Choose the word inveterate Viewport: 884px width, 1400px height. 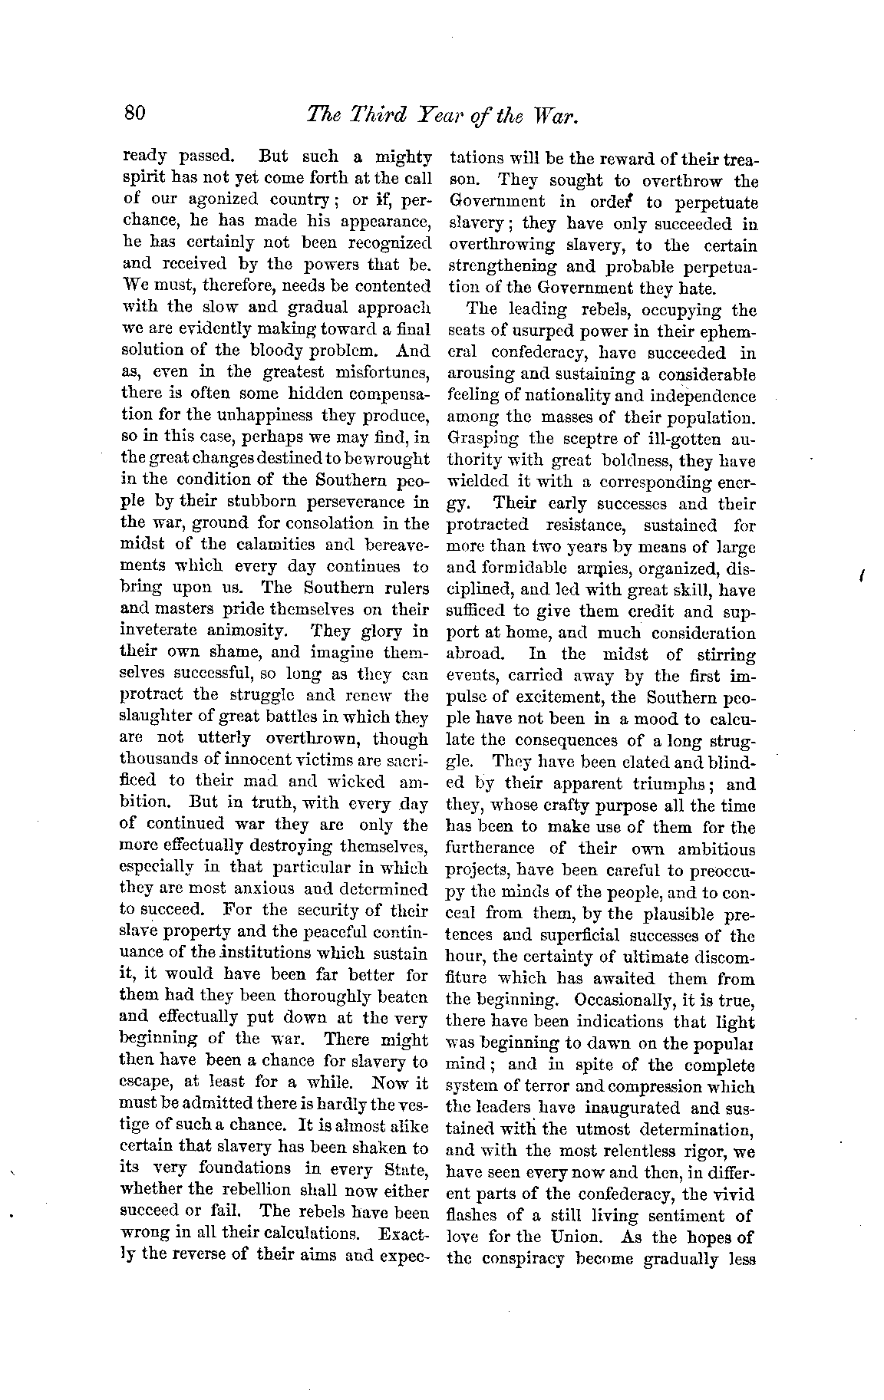point(162,631)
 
